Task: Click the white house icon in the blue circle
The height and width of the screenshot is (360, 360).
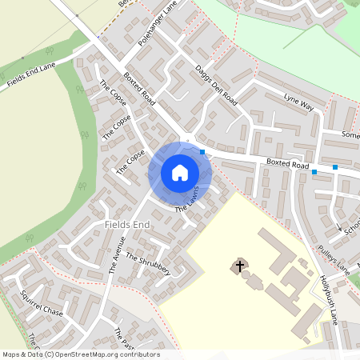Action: [180, 173]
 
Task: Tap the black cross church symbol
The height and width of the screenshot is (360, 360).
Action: [239, 265]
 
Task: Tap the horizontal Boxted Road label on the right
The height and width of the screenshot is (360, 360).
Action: [288, 165]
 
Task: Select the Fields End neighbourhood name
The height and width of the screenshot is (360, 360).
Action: [127, 226]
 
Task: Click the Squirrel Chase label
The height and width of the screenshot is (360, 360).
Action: [42, 302]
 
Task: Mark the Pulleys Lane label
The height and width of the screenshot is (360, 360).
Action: [333, 258]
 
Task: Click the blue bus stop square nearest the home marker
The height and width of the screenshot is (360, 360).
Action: [202, 152]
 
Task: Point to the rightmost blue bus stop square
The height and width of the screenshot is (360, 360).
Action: [335, 167]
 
